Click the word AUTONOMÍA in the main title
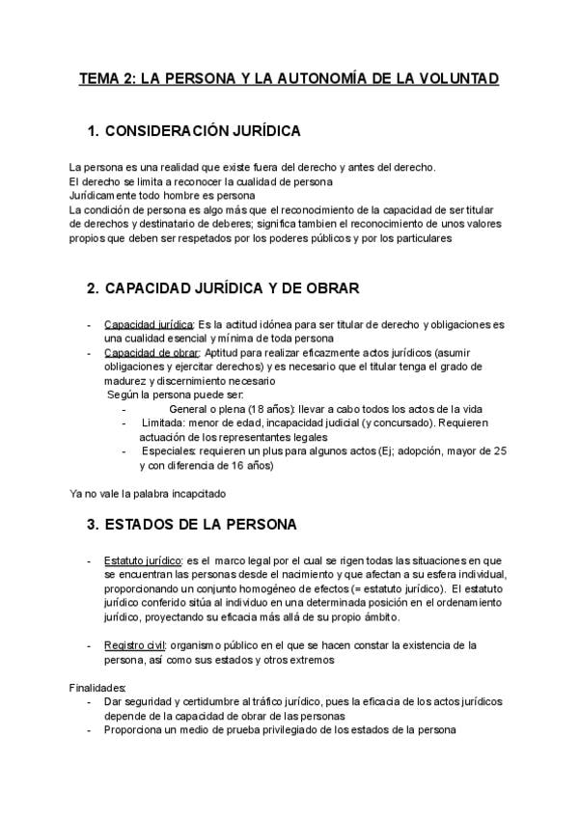[x=316, y=78]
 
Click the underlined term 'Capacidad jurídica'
[x=149, y=324]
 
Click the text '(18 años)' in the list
[x=271, y=409]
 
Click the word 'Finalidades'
[x=98, y=688]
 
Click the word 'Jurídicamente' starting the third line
[x=105, y=196]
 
